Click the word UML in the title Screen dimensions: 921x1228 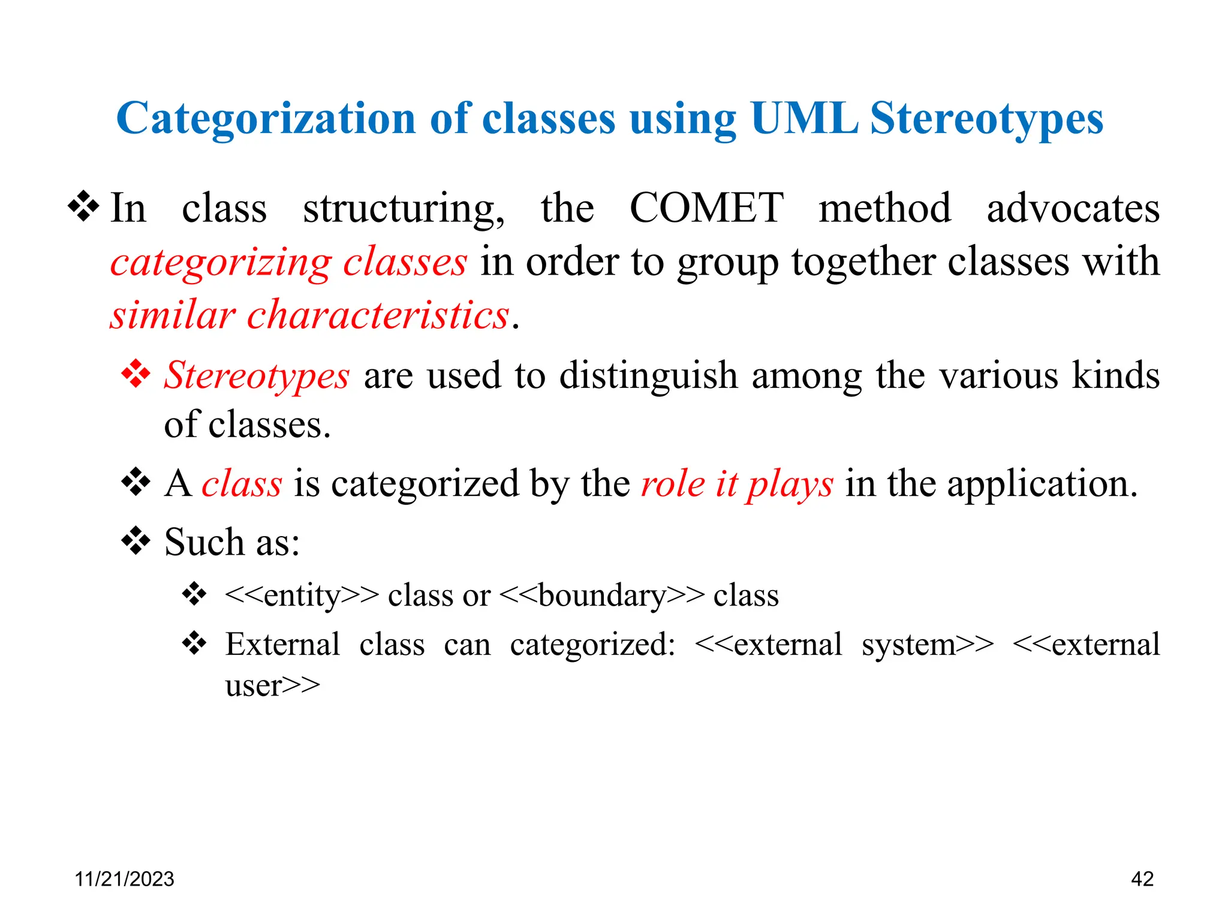click(x=803, y=118)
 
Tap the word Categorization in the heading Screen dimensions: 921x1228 click(x=266, y=118)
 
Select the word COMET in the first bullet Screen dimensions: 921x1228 click(x=706, y=208)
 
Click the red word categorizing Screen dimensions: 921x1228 click(x=220, y=262)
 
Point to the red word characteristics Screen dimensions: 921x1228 click(x=378, y=315)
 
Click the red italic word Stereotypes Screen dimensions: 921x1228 click(x=257, y=375)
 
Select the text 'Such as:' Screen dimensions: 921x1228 click(x=231, y=542)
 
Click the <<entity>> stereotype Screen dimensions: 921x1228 click(x=302, y=595)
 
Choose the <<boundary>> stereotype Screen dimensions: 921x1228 click(x=601, y=595)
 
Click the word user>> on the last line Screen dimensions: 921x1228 click(x=273, y=685)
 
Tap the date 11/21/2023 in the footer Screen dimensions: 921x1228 click(x=124, y=879)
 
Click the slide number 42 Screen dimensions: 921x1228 click(x=1142, y=879)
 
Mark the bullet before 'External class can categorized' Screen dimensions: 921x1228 click(x=194, y=644)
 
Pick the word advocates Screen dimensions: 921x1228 click(x=1073, y=208)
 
